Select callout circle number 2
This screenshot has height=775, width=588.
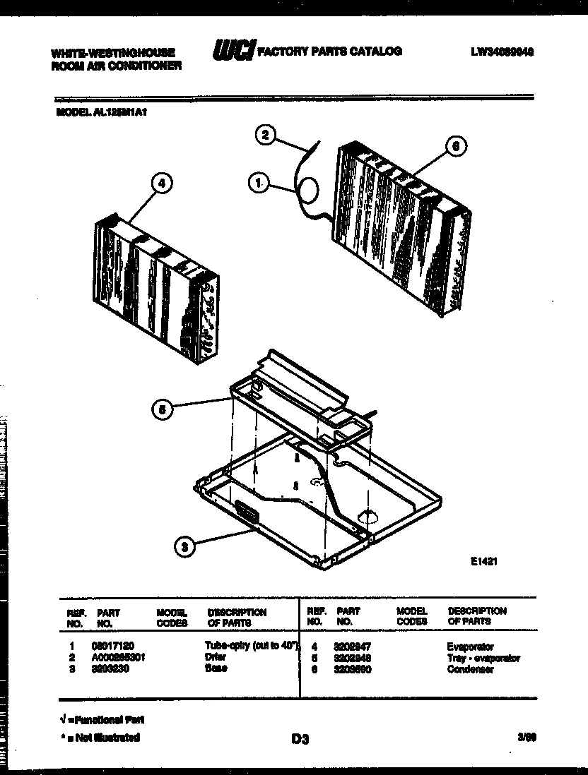point(264,135)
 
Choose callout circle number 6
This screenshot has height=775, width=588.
point(456,146)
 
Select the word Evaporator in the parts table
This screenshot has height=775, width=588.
point(470,646)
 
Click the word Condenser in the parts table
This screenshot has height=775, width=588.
point(470,669)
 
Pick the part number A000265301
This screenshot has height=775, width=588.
point(120,657)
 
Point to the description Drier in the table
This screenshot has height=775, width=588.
point(216,657)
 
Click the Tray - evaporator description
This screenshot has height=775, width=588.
point(483,658)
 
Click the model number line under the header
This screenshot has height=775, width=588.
point(105,111)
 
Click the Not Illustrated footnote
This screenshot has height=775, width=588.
point(100,738)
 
